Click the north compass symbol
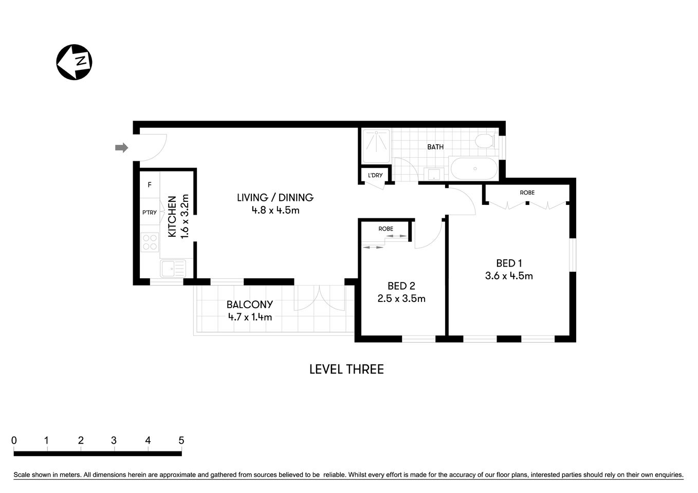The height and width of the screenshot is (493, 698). coord(74,62)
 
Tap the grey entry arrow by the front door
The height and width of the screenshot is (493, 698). coord(121,148)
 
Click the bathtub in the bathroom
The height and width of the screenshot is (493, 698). coord(474,169)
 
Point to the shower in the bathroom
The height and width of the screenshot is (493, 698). coord(377,145)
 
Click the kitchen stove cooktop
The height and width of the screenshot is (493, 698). coord(150,242)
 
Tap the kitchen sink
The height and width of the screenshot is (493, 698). coord(173,269)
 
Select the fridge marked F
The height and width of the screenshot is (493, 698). coord(150,185)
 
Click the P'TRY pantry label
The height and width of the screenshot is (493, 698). coord(150,213)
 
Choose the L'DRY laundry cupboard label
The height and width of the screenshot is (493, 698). coord(375,175)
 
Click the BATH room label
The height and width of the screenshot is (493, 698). coord(435,147)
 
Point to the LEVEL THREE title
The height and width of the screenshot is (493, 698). coord(346,369)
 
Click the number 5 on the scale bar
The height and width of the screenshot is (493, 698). coord(181,440)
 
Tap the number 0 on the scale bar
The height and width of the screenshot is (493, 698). coord(14,440)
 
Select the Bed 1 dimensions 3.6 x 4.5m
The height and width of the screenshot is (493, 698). coord(509,276)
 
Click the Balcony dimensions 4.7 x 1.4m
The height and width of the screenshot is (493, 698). coord(250,317)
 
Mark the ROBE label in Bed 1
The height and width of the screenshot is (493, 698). coord(527,193)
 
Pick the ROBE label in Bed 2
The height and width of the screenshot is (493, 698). coord(385,229)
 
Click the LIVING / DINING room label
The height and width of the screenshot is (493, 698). coord(275,197)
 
